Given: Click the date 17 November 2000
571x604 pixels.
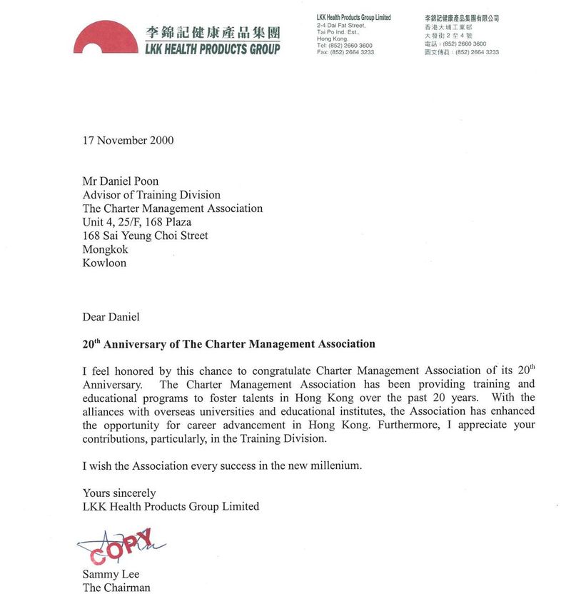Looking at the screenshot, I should click(x=128, y=140).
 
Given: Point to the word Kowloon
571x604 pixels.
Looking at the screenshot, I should click(x=104, y=263).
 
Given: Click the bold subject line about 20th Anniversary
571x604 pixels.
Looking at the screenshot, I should click(x=228, y=344).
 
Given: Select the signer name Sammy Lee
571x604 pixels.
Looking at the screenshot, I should click(x=111, y=575).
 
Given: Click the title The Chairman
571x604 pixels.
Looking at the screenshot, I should click(x=116, y=588).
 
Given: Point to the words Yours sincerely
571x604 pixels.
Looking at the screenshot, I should click(x=119, y=493).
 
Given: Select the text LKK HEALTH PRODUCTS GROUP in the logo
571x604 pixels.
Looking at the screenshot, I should click(x=212, y=49).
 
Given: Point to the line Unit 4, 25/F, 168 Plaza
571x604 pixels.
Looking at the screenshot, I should click(x=137, y=222).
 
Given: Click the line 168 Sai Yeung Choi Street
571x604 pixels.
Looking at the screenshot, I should click(x=146, y=236).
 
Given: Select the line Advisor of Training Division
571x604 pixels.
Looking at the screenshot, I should click(x=151, y=195).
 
